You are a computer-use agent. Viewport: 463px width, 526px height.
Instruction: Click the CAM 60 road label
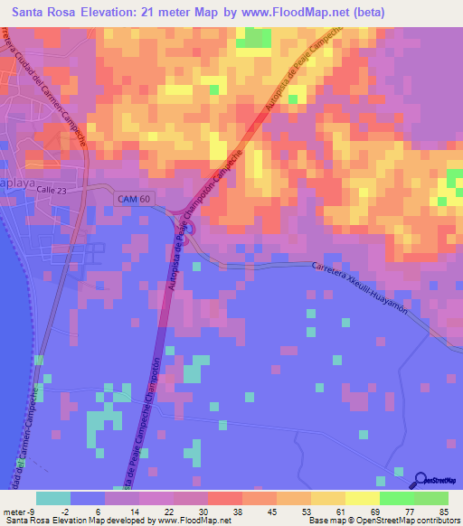(133, 198)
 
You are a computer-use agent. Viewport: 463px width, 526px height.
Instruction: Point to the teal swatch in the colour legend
(52, 498)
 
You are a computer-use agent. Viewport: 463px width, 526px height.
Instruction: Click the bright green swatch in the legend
(396, 498)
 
